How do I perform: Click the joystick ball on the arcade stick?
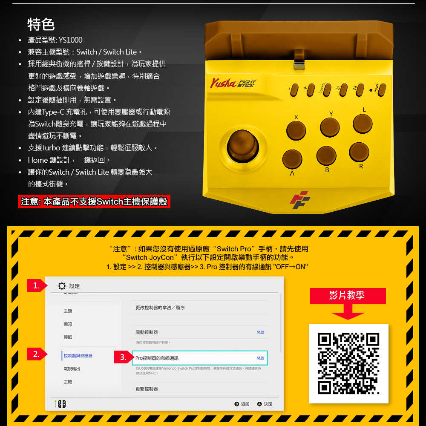point(242,145)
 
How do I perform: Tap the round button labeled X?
point(296,131)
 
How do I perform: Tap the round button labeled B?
point(326,155)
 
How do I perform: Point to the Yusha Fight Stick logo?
point(232,83)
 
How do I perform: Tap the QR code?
point(348,363)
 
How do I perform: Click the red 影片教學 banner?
point(348,296)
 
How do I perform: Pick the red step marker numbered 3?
point(122,357)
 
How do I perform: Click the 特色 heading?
point(41,24)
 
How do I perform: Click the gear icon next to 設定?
point(61,286)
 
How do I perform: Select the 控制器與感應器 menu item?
point(78,356)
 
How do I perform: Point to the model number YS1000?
point(71,40)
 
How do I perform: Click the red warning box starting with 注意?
point(94,201)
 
